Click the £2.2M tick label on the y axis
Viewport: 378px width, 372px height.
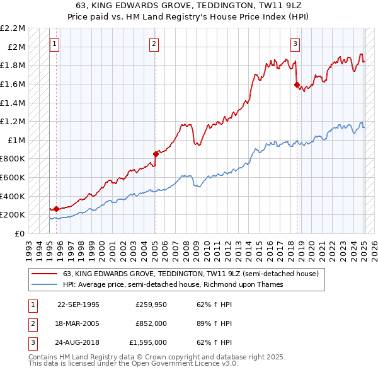[x=13, y=28]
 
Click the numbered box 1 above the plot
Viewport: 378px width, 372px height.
[x=55, y=44]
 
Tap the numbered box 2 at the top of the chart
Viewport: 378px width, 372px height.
[x=154, y=44]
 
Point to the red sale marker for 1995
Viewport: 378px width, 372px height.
[x=56, y=209]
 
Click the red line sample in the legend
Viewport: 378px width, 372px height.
[x=44, y=274]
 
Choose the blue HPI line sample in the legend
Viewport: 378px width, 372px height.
[x=44, y=284]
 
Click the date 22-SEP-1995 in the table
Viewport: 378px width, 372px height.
[x=78, y=305]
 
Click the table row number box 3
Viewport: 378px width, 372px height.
[x=32, y=342]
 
